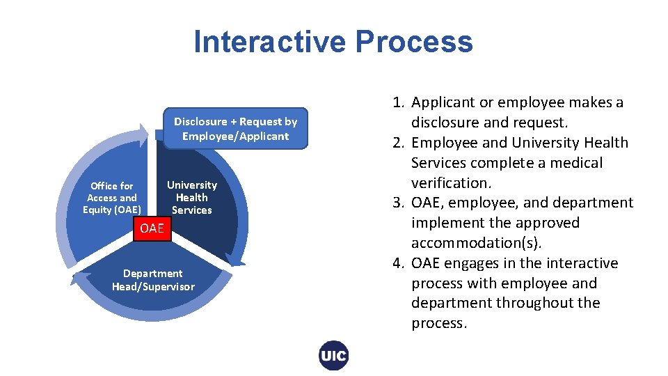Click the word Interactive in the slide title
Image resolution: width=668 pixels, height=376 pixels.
click(270, 42)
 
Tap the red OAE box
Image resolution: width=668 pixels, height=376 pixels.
click(152, 228)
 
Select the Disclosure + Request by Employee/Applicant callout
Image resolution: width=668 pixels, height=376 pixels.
click(235, 129)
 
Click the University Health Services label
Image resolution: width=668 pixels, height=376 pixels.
click(191, 198)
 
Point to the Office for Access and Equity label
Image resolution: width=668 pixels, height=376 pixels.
click(111, 198)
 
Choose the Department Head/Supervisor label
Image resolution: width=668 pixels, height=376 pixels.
click(153, 280)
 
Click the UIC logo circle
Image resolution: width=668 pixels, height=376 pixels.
click(333, 356)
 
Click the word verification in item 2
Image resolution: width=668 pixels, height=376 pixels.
click(450, 183)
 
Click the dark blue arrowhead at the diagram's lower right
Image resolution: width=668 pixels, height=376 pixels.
click(237, 263)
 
